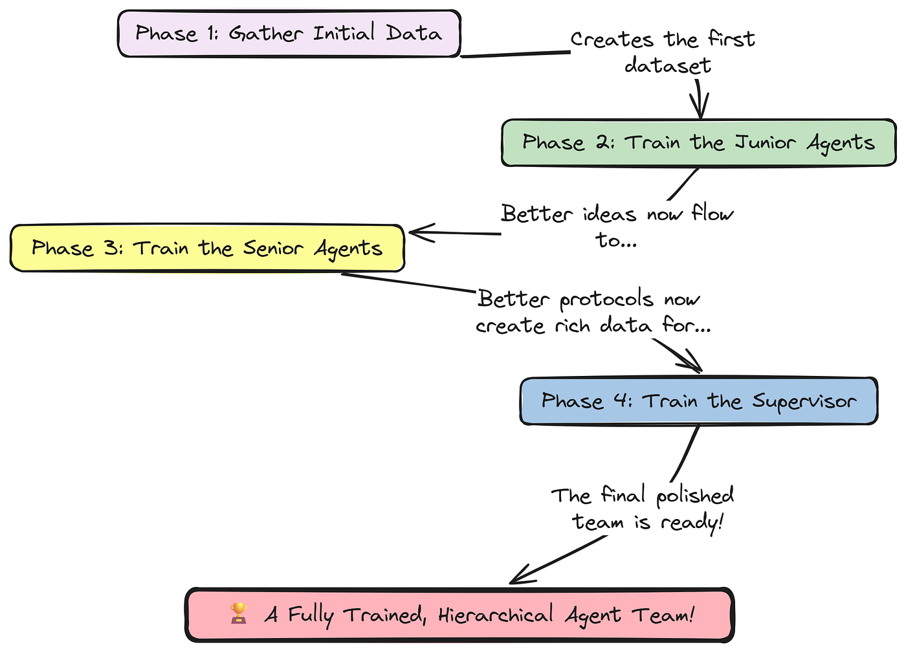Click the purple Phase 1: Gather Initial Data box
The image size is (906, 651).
(x=289, y=34)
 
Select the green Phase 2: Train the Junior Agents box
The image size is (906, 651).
(x=699, y=143)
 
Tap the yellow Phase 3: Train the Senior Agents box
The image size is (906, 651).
(x=207, y=248)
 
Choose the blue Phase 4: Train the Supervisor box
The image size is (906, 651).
(x=699, y=401)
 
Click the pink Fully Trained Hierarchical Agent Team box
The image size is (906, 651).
(x=459, y=615)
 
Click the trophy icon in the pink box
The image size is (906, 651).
(x=239, y=613)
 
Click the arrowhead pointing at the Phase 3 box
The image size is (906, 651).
(x=417, y=232)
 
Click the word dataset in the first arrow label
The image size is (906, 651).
(x=668, y=66)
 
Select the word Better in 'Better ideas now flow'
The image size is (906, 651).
(x=537, y=214)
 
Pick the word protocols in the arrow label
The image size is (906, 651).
(x=606, y=300)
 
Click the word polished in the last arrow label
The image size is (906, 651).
(x=695, y=496)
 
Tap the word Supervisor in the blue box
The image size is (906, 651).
(x=804, y=402)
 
